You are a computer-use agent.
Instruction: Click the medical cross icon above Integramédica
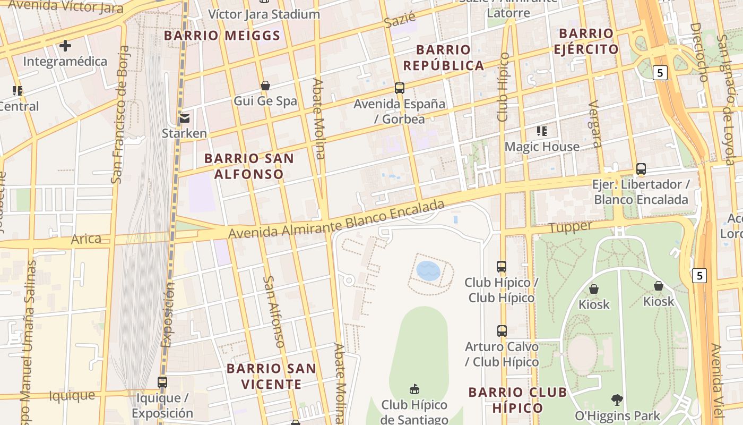point(65,46)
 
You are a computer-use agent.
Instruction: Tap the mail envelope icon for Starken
point(185,118)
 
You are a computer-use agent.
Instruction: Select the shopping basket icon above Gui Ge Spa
point(265,86)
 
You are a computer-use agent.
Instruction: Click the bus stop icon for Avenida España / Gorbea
point(400,88)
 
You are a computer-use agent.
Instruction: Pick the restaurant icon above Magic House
point(542,131)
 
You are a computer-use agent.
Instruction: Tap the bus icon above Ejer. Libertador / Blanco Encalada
point(641,169)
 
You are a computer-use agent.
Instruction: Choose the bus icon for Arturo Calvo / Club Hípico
point(502,331)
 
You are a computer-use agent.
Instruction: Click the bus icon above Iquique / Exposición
point(162,382)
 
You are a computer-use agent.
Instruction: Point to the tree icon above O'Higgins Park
point(617,399)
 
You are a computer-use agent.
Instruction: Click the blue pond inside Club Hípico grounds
point(428,270)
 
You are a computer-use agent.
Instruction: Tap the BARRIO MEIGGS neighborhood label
point(222,36)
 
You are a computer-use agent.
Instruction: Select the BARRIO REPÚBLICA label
point(444,57)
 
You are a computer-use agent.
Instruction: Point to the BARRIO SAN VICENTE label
point(271,376)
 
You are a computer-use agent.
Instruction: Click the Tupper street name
point(571,227)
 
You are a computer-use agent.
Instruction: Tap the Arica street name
point(86,239)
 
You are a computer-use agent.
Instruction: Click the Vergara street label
point(595,123)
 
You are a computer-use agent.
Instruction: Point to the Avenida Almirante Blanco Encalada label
point(336,220)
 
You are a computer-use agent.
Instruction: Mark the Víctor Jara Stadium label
point(264,14)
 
